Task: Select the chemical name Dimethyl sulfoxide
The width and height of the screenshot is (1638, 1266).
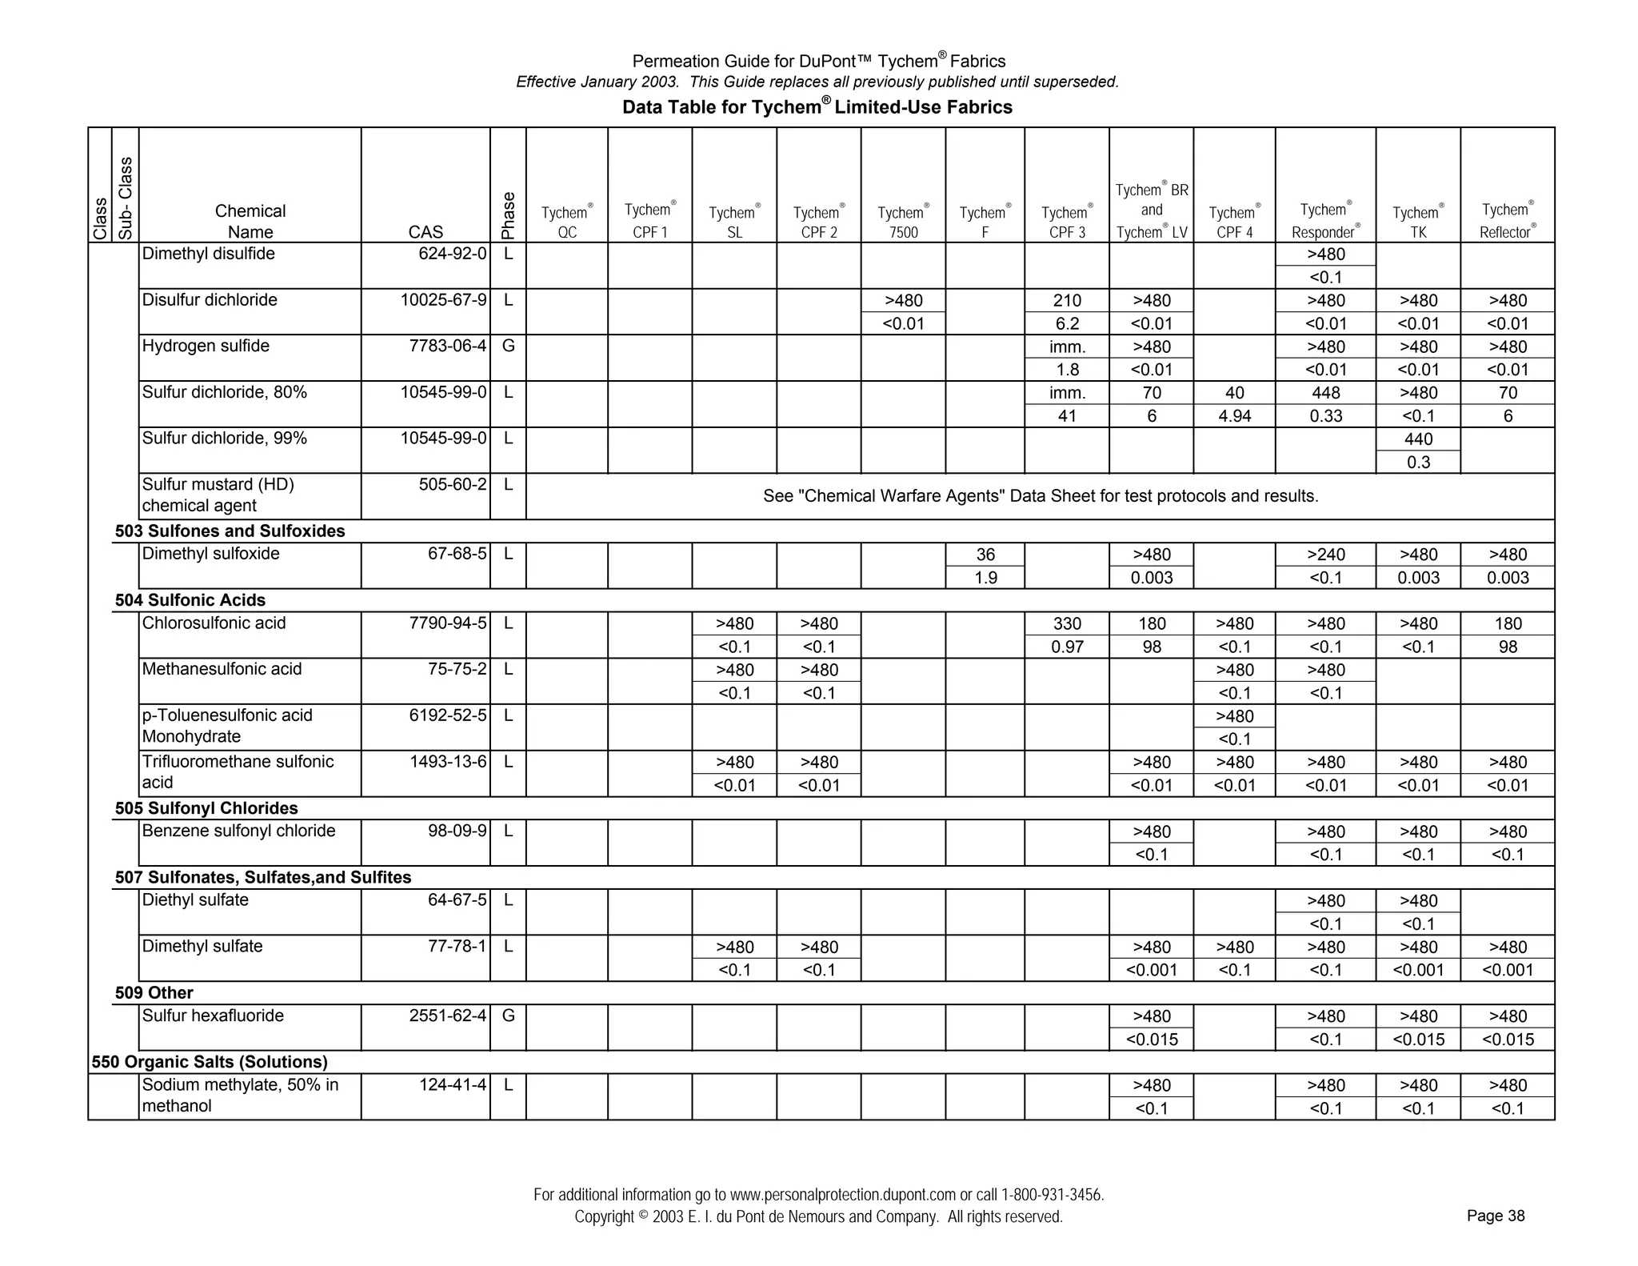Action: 210,554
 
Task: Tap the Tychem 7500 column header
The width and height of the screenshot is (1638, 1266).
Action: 903,222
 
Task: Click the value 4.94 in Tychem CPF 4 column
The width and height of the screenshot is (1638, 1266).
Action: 1234,416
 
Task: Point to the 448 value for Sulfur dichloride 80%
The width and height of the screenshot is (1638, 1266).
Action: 1325,393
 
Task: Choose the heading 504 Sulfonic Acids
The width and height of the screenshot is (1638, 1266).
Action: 190,600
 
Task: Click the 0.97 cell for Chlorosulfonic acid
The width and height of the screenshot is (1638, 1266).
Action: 1067,647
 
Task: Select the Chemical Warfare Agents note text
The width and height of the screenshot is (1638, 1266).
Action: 1041,496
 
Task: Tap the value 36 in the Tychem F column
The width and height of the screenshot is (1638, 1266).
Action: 985,555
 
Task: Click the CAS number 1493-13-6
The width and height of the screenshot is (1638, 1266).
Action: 448,762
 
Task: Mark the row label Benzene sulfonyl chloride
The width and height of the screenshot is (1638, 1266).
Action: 238,831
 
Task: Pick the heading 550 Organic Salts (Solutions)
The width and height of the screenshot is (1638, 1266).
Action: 210,1062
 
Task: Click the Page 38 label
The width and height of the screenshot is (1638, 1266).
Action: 1495,1216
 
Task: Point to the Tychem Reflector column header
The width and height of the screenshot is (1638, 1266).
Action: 1508,221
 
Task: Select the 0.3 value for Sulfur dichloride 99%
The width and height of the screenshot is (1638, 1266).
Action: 1418,463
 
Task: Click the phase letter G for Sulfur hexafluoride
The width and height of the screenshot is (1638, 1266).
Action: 508,1016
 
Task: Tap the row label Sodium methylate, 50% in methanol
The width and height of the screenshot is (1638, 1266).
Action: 240,1096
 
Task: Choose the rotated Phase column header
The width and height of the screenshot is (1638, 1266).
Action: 508,215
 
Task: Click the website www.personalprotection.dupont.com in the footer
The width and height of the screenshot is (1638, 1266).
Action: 843,1195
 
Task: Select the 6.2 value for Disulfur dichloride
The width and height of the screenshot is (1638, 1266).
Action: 1067,324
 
